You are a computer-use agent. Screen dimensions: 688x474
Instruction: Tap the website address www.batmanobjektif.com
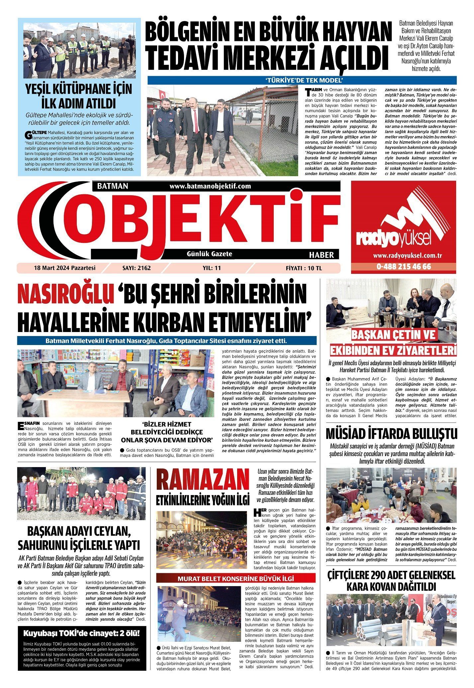(x=210, y=186)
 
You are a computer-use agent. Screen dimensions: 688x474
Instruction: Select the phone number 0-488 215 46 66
(x=404, y=266)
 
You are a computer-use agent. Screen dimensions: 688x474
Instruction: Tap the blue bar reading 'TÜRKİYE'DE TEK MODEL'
(x=302, y=80)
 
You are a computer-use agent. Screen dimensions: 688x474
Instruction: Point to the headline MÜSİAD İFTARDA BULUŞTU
(x=392, y=434)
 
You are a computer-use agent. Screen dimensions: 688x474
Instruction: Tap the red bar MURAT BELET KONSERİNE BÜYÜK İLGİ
(x=236, y=578)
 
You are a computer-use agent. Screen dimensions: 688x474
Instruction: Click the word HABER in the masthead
(x=321, y=255)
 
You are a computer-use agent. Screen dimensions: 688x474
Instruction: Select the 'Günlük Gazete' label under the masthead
(x=210, y=254)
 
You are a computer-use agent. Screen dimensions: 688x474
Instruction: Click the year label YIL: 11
(x=212, y=268)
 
